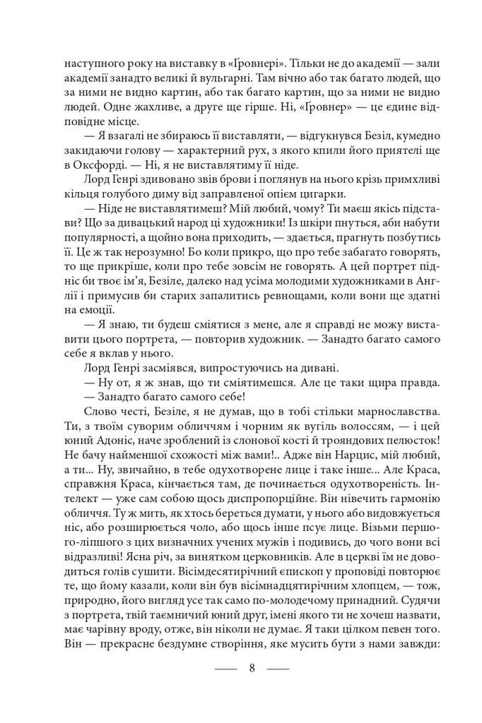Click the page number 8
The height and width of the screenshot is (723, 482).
[252, 667]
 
